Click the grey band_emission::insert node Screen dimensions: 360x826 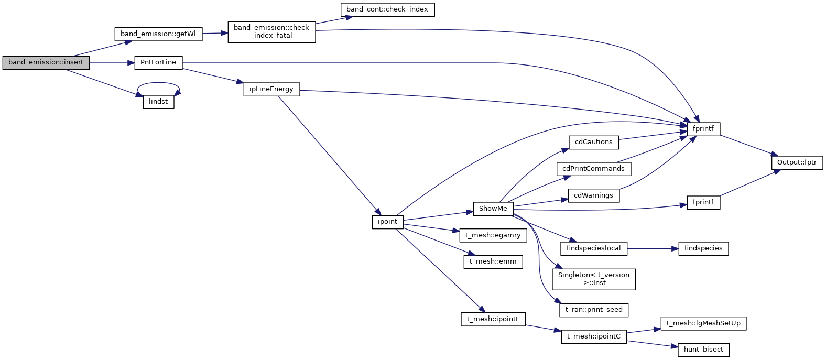click(x=46, y=62)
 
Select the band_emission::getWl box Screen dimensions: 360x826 click(x=158, y=34)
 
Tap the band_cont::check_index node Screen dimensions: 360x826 click(x=387, y=9)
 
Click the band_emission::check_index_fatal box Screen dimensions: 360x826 click(x=271, y=31)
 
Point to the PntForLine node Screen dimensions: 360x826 click(x=158, y=62)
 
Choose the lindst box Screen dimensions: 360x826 click(x=158, y=102)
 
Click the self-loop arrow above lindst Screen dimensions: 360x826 click(x=158, y=83)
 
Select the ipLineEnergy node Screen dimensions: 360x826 click(x=271, y=89)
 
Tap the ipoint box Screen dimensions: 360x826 click(x=388, y=222)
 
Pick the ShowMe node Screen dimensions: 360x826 click(x=493, y=209)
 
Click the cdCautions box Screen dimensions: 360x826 click(x=594, y=142)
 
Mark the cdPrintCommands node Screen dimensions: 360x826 click(x=593, y=169)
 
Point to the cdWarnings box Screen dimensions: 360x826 click(x=594, y=195)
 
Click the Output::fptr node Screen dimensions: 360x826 click(x=797, y=162)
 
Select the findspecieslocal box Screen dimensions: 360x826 click(x=594, y=248)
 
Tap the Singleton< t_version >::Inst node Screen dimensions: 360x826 click(x=594, y=279)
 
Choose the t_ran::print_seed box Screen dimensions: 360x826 click(x=594, y=310)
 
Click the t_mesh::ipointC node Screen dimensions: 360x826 click(x=594, y=336)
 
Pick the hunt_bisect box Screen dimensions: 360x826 click(x=703, y=350)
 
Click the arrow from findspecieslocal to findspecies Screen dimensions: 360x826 click(x=650, y=248)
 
